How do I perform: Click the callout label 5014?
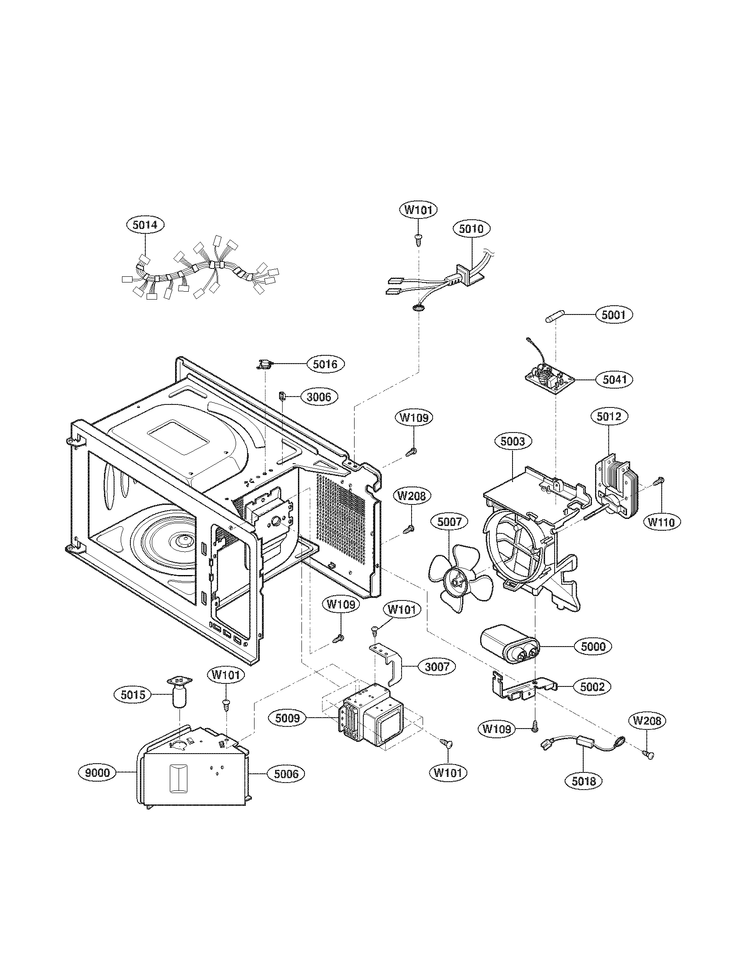145,225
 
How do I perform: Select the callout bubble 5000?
593,647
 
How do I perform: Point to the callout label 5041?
614,379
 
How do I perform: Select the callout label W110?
662,522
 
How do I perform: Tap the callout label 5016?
325,364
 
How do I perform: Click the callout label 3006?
319,397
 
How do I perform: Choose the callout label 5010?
472,229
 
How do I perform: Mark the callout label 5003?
513,441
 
